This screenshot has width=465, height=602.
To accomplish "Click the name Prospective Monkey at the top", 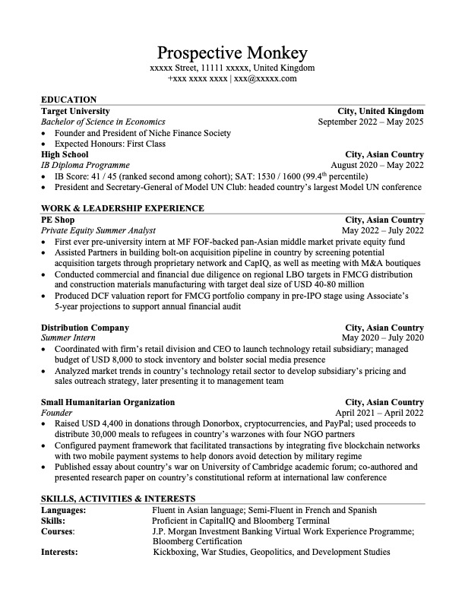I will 232,52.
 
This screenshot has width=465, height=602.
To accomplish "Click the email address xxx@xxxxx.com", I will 265,78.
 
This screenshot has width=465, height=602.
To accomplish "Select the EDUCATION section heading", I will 68,100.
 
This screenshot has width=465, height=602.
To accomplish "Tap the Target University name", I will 75,111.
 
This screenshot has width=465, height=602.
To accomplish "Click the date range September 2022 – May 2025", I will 371,122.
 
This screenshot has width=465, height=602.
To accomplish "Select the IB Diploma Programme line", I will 85,165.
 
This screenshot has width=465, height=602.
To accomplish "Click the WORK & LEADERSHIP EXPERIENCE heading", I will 122,208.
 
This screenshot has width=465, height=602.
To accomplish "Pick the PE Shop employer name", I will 58,220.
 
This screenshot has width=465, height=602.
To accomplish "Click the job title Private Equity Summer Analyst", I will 98,230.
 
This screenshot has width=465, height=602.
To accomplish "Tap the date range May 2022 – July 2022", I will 382,230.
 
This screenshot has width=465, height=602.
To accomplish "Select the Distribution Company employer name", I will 84,328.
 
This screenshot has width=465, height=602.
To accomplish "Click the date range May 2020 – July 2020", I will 382,338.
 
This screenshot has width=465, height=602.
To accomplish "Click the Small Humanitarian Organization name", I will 108,402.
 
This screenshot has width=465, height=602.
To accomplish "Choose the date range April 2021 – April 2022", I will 380,413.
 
